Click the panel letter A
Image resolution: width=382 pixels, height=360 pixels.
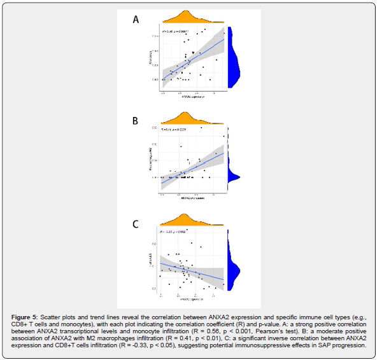(x=136, y=19)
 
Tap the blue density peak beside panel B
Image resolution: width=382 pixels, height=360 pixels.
(x=233, y=176)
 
